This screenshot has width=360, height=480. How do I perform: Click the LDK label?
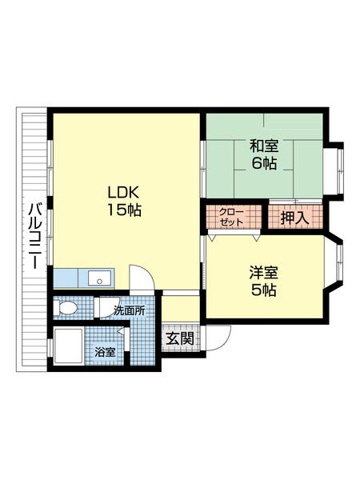[125, 193]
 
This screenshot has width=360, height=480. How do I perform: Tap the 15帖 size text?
[125, 211]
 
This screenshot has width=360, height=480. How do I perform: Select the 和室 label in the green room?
[263, 146]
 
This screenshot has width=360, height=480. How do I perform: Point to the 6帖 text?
[263, 164]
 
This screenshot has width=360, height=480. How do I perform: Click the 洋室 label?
[263, 273]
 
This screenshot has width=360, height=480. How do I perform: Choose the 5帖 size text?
[263, 291]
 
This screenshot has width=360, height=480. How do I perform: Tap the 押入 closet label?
[295, 217]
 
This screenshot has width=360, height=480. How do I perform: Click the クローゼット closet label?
[233, 216]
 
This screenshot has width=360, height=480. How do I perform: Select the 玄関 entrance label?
[179, 338]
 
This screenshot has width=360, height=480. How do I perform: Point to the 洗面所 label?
[128, 310]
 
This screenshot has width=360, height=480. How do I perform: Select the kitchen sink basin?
[100, 278]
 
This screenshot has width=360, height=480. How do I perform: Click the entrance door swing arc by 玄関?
[218, 336]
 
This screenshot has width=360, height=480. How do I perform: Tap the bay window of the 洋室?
[338, 263]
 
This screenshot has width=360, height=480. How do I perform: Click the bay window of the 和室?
[338, 169]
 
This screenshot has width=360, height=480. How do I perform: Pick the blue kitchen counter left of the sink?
[70, 278]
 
